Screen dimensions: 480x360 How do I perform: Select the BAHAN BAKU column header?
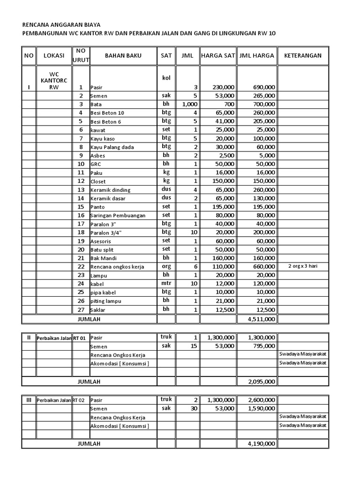click(123, 56)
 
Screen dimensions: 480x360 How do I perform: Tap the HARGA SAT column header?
click(217, 56)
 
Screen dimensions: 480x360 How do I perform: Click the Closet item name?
click(98, 181)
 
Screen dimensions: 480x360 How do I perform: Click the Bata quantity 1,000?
click(189, 104)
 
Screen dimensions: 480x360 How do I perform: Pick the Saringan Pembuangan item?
click(118, 216)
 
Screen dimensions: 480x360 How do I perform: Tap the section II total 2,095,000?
click(263, 382)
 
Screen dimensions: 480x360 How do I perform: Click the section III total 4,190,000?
click(263, 443)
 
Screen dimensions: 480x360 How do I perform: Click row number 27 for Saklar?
click(81, 309)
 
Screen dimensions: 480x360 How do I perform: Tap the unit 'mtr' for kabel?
click(166, 283)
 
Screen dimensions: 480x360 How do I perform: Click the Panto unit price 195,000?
click(223, 207)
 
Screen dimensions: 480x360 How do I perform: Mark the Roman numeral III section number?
click(29, 400)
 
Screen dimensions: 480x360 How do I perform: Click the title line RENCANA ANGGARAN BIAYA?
click(61, 24)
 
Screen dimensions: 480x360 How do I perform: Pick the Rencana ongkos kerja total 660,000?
click(264, 267)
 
